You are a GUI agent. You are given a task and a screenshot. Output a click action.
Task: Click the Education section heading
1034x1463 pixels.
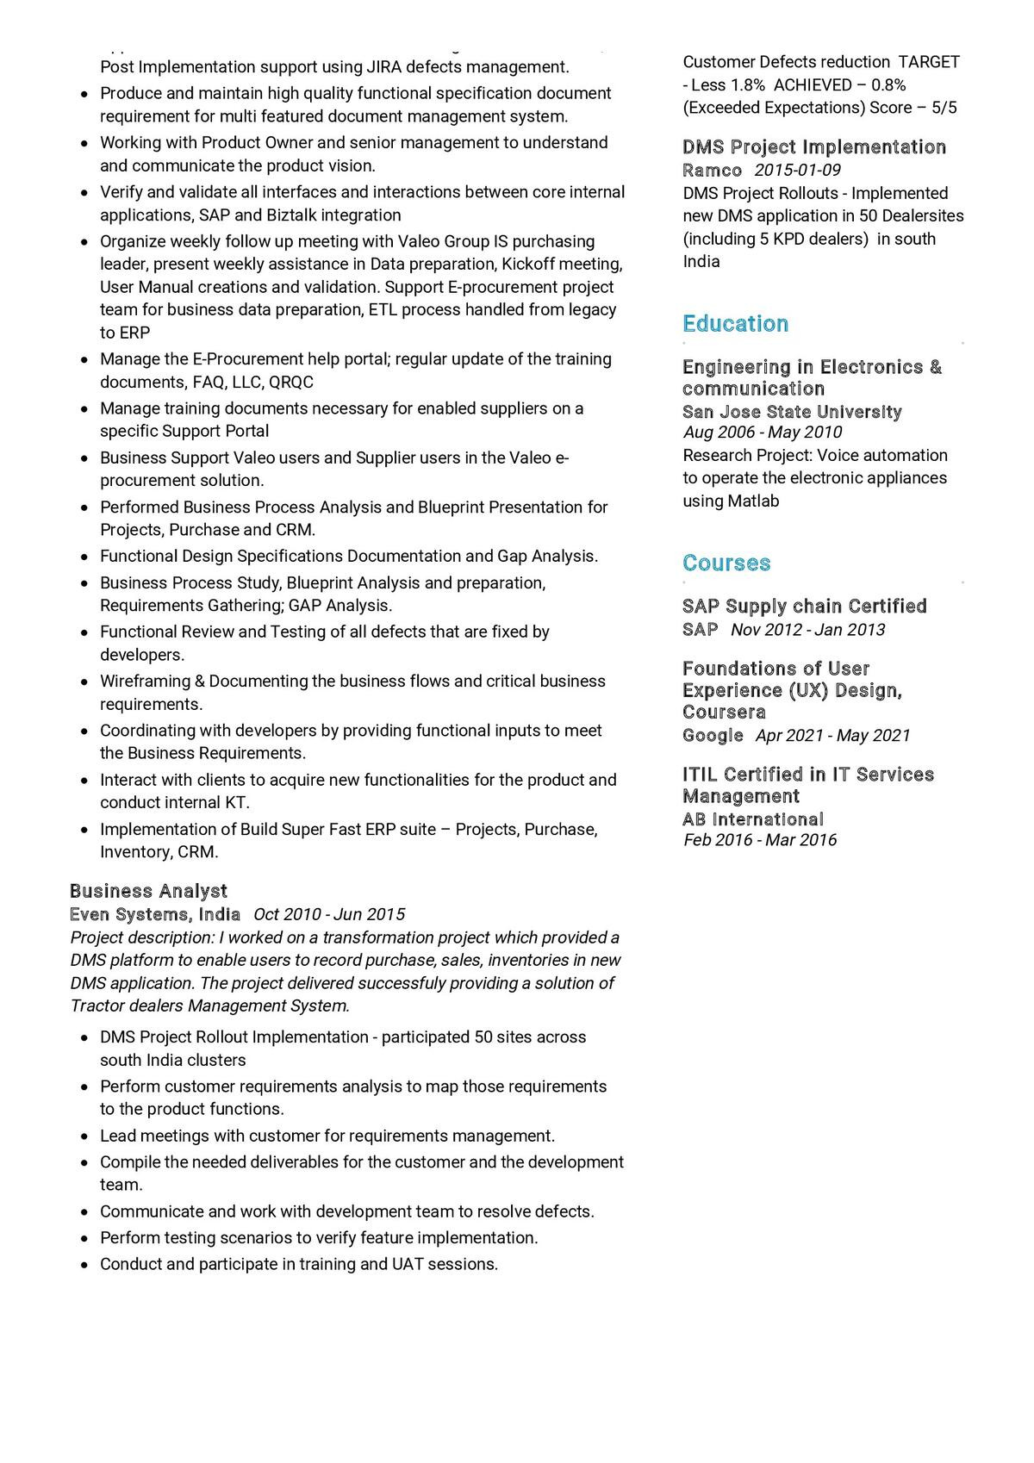[735, 324]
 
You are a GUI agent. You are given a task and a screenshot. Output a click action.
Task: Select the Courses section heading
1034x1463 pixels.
[726, 563]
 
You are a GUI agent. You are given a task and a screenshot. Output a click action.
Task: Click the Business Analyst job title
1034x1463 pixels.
[148, 891]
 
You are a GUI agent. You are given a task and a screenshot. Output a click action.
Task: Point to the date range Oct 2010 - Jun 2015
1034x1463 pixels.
[329, 914]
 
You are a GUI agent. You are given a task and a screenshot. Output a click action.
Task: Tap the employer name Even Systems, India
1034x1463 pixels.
[155, 914]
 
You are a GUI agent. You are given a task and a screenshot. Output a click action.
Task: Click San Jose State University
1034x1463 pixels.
[792, 412]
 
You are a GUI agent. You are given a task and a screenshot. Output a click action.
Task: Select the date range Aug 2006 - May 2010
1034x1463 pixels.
[763, 433]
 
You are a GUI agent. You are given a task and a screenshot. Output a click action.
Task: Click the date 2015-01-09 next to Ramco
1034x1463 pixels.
[798, 171]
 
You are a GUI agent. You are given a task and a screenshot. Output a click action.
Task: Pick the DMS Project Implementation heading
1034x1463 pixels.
[814, 147]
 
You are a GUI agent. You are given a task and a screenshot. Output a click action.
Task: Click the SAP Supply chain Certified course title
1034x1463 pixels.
[804, 607]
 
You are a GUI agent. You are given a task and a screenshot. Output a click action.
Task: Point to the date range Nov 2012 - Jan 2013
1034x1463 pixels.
[807, 630]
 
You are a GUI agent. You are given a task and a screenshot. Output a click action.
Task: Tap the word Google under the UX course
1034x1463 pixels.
[713, 736]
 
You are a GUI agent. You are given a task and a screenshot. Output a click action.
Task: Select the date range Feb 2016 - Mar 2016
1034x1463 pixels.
[760, 840]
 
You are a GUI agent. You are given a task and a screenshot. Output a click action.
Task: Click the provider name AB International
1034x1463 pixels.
[753, 819]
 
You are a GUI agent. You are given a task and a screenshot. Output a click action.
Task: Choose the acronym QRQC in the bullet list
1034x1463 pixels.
[291, 383]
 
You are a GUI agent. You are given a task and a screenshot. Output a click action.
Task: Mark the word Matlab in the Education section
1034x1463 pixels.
[753, 501]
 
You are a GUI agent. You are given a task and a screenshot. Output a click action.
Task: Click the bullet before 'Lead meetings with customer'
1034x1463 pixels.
[84, 1137]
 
